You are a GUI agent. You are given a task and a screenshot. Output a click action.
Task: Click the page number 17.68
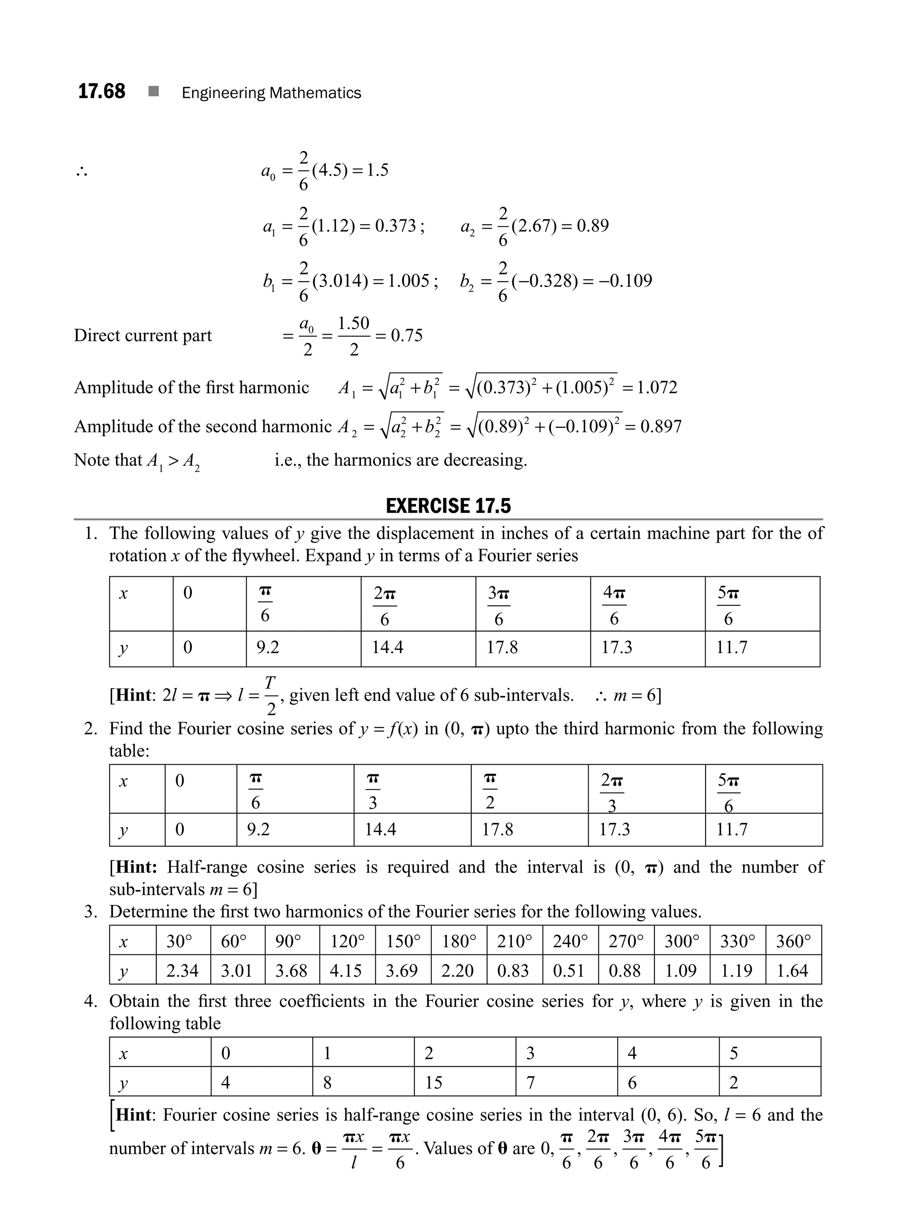pos(102,91)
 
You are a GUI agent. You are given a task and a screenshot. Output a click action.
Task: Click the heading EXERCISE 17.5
pos(448,506)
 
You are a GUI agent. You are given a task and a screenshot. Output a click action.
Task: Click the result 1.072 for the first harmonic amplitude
pos(657,388)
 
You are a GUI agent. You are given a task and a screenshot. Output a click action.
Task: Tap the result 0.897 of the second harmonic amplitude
pos(661,426)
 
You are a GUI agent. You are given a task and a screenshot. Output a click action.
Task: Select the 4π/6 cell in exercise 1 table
pos(614,604)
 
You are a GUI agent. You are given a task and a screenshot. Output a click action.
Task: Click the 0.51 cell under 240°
pos(569,971)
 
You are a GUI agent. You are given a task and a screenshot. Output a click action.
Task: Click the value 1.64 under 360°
pos(792,971)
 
